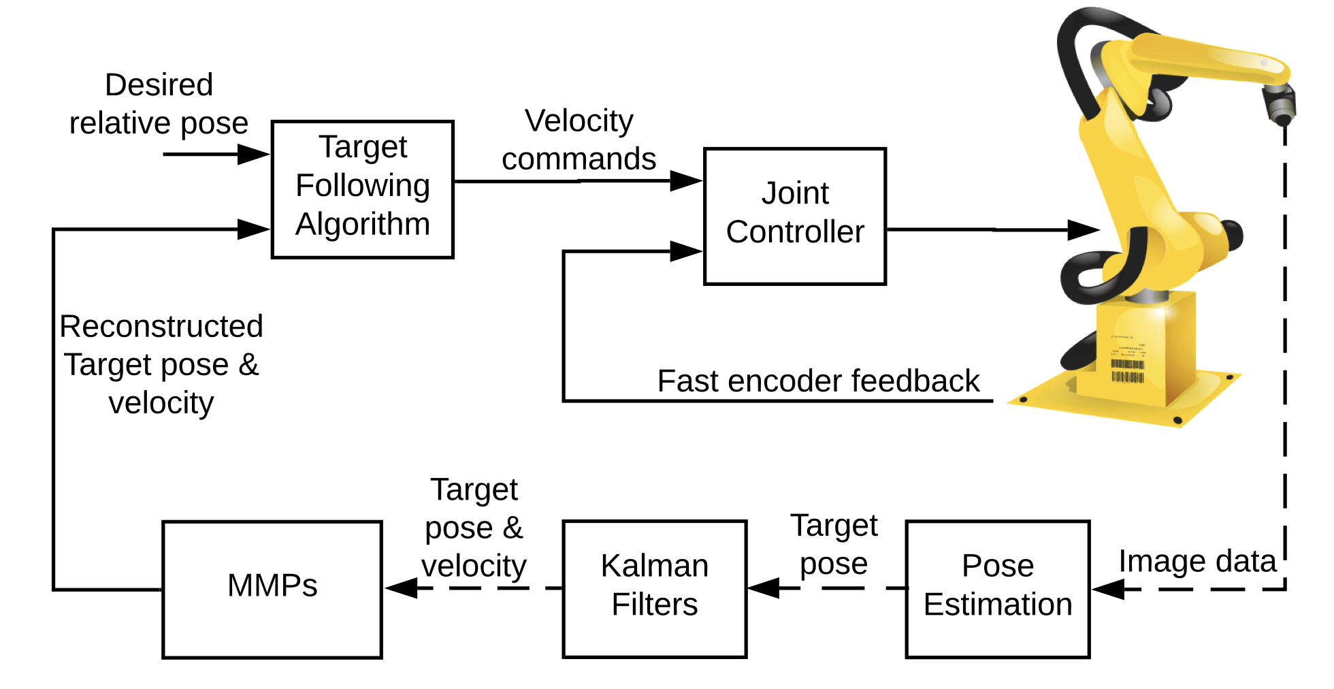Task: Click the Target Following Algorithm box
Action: (x=362, y=189)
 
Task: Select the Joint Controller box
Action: (x=794, y=216)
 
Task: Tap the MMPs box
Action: (x=272, y=589)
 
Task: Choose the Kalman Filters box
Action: (x=654, y=589)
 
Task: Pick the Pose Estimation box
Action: (x=997, y=589)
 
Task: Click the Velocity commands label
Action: (x=579, y=140)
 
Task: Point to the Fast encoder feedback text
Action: (x=818, y=381)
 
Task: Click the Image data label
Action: (x=1197, y=561)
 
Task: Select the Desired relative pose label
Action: (x=159, y=104)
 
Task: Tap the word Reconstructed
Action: (x=161, y=326)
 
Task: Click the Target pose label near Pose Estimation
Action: (x=834, y=545)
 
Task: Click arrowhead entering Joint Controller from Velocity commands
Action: (x=686, y=180)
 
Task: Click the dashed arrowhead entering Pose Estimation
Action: (x=1108, y=589)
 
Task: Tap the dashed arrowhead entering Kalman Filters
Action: (x=764, y=588)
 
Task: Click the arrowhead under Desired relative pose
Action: (x=253, y=155)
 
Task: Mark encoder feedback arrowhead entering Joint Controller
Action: (x=686, y=251)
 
